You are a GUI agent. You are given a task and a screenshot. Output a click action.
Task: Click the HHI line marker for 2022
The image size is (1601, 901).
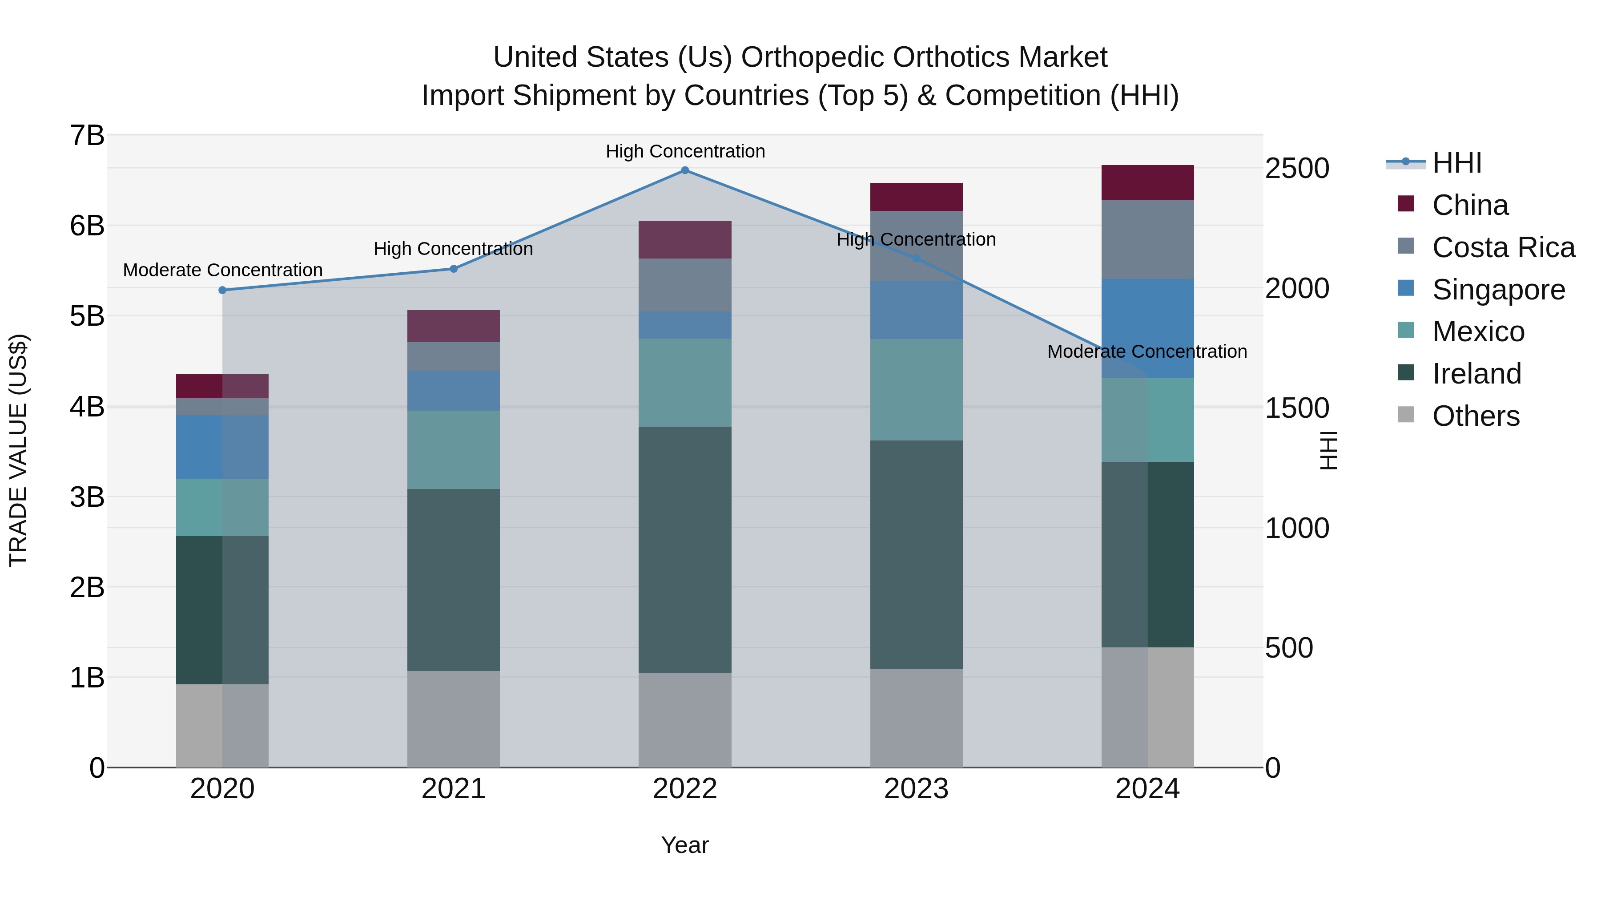click(685, 170)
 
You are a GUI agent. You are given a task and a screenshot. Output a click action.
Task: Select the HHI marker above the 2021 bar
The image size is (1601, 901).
click(454, 269)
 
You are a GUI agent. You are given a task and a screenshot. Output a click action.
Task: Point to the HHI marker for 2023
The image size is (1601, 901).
click(916, 259)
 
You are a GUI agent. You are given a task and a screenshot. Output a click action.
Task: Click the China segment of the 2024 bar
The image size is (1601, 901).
click(1147, 183)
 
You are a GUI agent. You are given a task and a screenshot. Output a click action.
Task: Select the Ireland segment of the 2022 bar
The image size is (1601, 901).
click(685, 549)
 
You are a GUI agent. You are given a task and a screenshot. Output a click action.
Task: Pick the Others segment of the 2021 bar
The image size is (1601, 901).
click(454, 719)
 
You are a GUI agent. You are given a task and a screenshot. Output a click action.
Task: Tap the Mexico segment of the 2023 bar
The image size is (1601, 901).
click(916, 390)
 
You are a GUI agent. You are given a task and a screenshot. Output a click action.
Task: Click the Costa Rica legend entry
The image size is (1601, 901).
click(1503, 247)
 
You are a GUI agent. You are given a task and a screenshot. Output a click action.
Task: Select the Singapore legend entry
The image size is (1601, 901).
click(1498, 290)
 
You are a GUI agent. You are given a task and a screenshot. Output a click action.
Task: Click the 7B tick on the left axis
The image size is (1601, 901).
click(87, 136)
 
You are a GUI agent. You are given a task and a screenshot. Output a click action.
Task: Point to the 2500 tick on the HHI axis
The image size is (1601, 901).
click(1297, 169)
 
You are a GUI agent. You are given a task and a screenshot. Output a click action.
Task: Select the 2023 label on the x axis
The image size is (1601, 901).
click(916, 789)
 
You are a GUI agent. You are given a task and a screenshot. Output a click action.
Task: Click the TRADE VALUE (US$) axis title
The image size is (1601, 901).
click(19, 450)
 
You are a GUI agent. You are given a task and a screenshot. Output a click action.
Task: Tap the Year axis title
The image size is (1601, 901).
click(685, 845)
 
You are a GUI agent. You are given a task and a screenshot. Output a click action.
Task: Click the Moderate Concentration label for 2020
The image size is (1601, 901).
click(222, 271)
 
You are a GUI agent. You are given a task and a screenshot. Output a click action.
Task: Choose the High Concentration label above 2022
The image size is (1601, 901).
click(685, 152)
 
